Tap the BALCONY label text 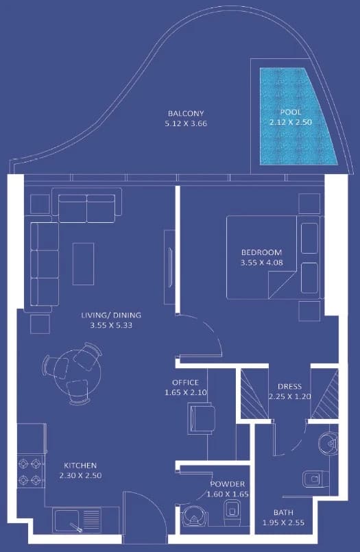pos(186,113)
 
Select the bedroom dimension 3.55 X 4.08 pos(262,262)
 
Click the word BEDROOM pos(261,252)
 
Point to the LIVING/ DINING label pos(111,315)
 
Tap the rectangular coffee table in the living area pos(84,264)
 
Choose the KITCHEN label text pos(80,466)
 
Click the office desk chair pos(202,419)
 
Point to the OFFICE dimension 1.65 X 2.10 pos(186,392)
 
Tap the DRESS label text pos(289,386)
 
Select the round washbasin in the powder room pos(193,516)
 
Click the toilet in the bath pos(315,479)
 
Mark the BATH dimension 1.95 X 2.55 pos(284,523)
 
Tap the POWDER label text pos(228,484)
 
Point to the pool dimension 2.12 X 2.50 pos(291,122)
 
